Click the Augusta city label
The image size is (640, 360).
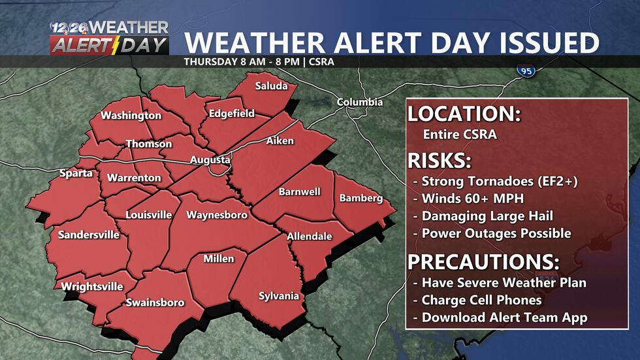pyautogui.click(x=210, y=160)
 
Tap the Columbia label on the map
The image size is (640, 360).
pyautogui.click(x=360, y=103)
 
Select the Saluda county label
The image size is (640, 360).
pyautogui.click(x=270, y=86)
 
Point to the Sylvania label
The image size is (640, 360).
pyautogui.click(x=279, y=296)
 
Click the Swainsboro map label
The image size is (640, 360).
pyautogui.click(x=155, y=303)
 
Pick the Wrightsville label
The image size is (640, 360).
pyautogui.click(x=92, y=286)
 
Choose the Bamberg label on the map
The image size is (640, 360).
pyautogui.click(x=360, y=198)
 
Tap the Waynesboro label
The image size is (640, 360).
pyautogui.click(x=217, y=215)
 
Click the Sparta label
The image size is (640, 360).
pyautogui.click(x=76, y=174)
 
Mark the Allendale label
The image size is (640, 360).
pyautogui.click(x=310, y=237)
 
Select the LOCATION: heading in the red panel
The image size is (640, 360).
pyautogui.click(x=464, y=114)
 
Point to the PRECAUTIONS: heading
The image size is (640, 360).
pyautogui.click(x=483, y=263)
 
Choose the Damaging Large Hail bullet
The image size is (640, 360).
pyautogui.click(x=487, y=216)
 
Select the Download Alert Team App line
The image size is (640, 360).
pyautogui.click(x=504, y=318)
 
